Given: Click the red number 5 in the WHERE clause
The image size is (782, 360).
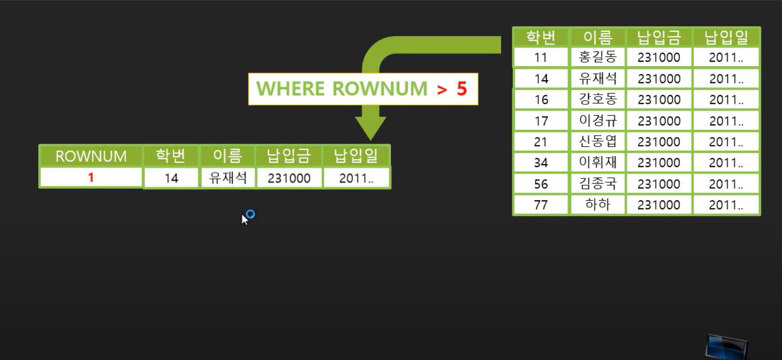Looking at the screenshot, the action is point(462,89).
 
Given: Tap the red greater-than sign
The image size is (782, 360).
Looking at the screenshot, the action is point(442,90).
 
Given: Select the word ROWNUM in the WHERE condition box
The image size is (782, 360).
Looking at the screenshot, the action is point(379,89).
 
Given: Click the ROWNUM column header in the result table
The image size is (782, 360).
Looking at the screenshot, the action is point(91,156).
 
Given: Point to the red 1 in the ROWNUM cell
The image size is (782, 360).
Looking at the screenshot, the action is point(91,177).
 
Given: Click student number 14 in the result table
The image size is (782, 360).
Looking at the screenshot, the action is point(171,178).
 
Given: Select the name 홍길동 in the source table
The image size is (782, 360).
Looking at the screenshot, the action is point(597,57).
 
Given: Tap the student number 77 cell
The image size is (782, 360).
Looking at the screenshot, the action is point(541,205).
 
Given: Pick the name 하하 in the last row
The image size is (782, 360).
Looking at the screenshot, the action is point(597,205).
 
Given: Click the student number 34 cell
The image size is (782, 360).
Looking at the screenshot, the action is point(541,163).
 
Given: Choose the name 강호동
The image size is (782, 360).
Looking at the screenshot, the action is point(597,99).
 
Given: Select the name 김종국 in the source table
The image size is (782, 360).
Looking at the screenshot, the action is point(597,184).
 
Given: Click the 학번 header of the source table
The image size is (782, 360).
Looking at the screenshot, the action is point(541,37).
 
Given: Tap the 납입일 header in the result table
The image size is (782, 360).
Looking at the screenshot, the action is point(356,156).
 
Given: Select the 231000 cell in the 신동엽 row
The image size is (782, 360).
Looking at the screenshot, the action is point(659,142).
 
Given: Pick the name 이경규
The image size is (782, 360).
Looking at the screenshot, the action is point(597,120).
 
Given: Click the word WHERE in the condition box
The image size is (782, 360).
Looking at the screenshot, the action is point(290,89).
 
